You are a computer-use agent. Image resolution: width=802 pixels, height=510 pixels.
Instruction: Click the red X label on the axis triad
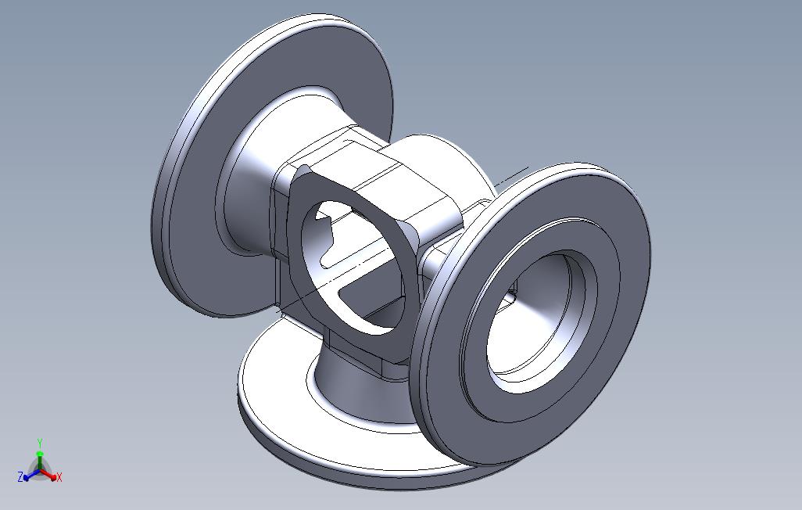point(59,476)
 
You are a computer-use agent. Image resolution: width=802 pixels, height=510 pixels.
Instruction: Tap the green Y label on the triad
point(40,443)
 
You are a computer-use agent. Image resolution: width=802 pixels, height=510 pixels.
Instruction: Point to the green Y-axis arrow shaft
point(40,458)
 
